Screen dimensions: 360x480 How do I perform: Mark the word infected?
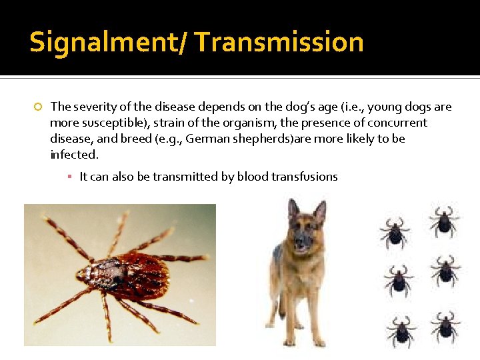(74, 155)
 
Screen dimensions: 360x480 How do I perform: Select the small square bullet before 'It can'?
(69, 177)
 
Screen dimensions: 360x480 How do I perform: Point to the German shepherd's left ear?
(319, 212)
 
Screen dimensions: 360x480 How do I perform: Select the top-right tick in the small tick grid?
(443, 221)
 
